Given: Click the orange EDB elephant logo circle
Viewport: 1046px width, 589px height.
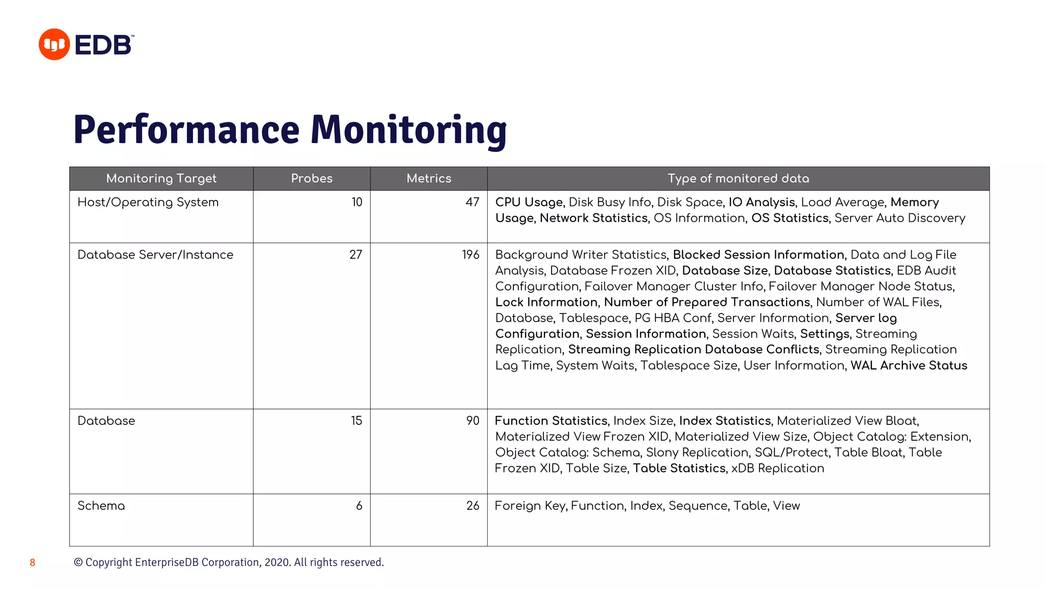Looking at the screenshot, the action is (x=54, y=44).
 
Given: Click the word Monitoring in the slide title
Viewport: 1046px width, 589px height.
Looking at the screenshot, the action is (x=409, y=130).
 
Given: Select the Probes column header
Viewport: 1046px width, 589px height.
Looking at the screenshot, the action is (x=312, y=178).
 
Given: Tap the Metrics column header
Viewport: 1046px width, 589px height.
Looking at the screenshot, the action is (x=429, y=178).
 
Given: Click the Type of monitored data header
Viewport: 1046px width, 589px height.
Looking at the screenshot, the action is (x=738, y=178).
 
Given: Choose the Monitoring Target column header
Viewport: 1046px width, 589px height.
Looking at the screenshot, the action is (x=161, y=178).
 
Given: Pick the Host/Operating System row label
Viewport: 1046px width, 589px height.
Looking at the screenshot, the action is (x=148, y=202).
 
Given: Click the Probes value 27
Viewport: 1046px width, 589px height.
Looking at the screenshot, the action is (x=356, y=255).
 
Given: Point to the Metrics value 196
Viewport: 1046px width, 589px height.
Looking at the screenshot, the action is (x=470, y=255).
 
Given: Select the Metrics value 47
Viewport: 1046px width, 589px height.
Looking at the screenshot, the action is (x=472, y=202).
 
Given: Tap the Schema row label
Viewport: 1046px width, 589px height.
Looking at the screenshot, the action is (x=101, y=506).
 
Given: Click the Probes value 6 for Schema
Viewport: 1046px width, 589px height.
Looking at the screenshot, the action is (x=359, y=506).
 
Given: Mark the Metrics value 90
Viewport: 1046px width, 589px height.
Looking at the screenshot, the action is (x=472, y=421).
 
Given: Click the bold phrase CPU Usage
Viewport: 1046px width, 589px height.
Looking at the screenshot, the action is (x=529, y=202).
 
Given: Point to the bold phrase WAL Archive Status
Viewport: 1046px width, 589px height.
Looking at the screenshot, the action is (x=909, y=366).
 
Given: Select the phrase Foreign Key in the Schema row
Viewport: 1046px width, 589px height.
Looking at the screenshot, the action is (x=530, y=506).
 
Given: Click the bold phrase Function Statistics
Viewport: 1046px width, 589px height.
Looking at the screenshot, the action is (x=551, y=421).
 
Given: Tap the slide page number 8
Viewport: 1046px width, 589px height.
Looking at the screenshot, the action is (x=33, y=563).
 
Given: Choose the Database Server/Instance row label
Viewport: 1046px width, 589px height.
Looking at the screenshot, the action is (x=155, y=255).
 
